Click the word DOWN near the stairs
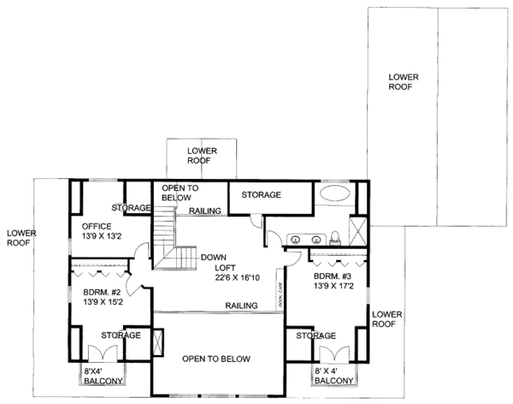(x=213, y=257)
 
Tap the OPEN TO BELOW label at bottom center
(x=215, y=359)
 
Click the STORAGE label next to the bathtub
(x=261, y=195)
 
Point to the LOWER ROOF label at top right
(x=403, y=81)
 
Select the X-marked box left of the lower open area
(x=156, y=338)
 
